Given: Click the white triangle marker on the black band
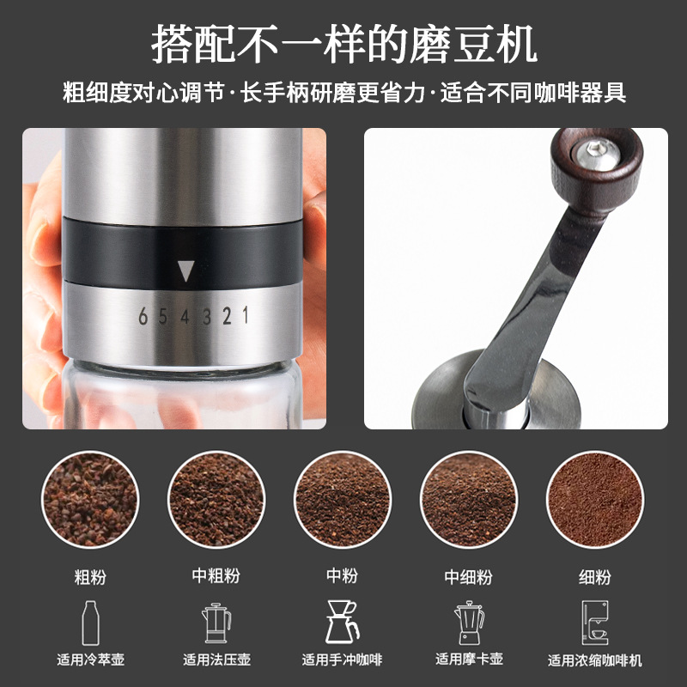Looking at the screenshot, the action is point(185,271).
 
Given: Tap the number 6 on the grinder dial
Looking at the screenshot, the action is point(143,316).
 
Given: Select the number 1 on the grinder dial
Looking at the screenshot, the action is point(246,314).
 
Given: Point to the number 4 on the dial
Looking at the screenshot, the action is point(185,316).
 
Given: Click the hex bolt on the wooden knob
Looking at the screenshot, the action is point(597,152).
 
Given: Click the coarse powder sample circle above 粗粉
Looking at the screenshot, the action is point(90,500).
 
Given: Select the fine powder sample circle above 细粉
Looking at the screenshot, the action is point(595,500).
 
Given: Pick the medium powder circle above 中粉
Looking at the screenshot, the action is point(342,500).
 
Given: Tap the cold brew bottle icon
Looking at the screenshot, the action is point(91,623).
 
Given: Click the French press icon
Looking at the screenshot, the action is point(216,623).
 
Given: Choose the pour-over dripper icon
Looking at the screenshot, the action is point(342,622).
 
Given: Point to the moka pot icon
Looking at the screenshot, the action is point(469,623).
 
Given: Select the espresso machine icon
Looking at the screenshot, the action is point(595,623).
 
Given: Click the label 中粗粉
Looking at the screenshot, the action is point(216,575).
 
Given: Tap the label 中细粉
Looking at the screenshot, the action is point(468,576).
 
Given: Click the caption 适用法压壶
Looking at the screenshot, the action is point(216,660).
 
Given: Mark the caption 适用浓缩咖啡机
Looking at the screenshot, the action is point(595,660).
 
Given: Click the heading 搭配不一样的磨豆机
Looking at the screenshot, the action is point(344,44).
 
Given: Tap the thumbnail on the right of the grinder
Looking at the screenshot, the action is point(516,278).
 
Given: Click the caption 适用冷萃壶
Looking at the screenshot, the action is point(91,660).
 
